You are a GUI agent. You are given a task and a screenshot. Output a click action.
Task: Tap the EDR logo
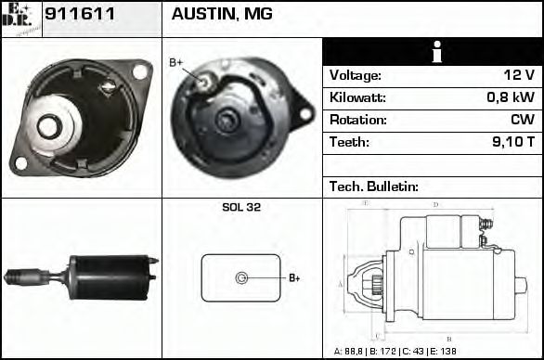(x=20, y=19)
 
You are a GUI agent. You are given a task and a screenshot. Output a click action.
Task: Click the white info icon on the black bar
(x=433, y=52)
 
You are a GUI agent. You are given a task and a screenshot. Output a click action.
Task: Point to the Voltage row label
(x=355, y=76)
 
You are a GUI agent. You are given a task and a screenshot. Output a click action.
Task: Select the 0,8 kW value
(x=511, y=98)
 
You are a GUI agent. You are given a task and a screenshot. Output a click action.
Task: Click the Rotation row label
(x=356, y=121)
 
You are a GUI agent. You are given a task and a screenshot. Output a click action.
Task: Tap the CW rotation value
(x=522, y=121)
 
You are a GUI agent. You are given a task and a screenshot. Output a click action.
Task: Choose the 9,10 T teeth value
(x=512, y=143)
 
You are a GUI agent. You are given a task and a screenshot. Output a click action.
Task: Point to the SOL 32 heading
(x=240, y=208)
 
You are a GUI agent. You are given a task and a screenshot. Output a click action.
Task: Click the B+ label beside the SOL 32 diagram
(x=293, y=277)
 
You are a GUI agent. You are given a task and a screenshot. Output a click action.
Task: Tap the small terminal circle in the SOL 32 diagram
(x=241, y=277)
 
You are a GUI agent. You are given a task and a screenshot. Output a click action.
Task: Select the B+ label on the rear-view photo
(x=176, y=62)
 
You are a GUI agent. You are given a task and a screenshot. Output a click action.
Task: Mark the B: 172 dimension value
(x=388, y=352)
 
